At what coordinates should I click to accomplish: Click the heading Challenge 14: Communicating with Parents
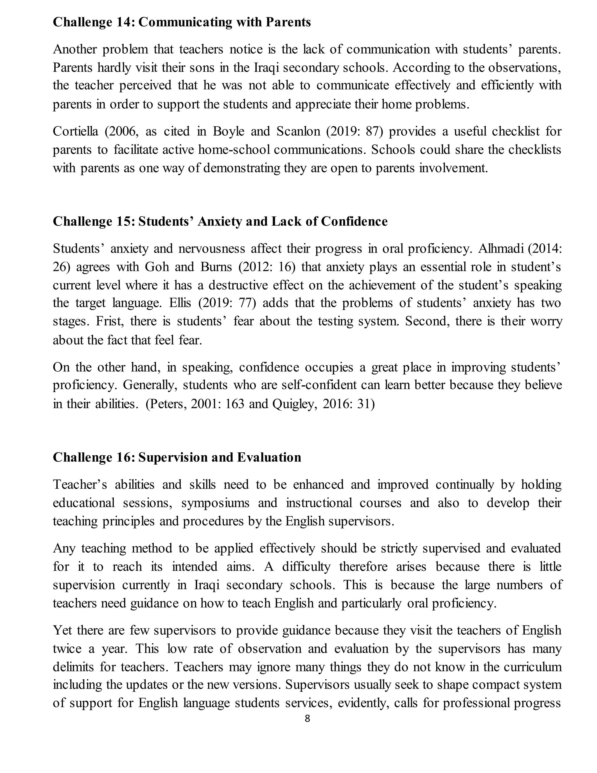[x=182, y=22]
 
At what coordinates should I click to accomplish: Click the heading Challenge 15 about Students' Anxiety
[x=220, y=222]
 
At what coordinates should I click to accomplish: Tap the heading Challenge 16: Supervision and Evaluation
[x=177, y=458]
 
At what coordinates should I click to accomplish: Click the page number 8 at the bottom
[x=307, y=718]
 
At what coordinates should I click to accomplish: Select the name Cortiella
[x=75, y=132]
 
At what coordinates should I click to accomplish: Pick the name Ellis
[x=180, y=303]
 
